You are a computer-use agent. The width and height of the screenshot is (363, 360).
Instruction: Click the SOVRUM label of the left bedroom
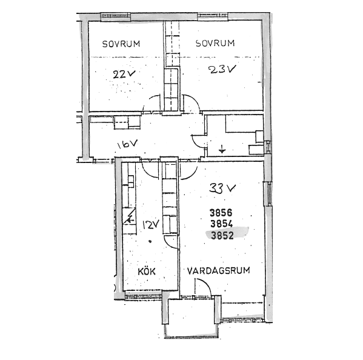click(x=121, y=44)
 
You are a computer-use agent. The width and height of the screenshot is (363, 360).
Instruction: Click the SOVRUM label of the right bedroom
click(x=215, y=43)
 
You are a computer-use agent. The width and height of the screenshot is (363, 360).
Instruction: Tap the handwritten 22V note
click(x=124, y=74)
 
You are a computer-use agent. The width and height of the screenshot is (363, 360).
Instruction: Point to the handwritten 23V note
click(x=222, y=69)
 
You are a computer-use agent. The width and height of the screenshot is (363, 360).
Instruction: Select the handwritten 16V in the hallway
click(x=127, y=144)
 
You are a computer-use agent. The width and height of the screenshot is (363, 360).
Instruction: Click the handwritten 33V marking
click(x=222, y=188)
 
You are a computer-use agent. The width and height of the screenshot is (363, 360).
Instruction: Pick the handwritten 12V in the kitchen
click(x=151, y=224)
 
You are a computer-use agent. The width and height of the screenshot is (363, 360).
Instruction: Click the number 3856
click(x=221, y=213)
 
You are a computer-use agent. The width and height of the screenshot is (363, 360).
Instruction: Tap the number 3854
click(x=222, y=224)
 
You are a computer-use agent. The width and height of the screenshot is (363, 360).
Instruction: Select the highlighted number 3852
click(x=222, y=235)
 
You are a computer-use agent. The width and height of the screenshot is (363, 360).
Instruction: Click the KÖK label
click(x=147, y=272)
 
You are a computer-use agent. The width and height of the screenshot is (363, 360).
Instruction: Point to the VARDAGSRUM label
click(x=218, y=271)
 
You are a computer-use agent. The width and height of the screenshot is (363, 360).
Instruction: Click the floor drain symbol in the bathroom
click(x=222, y=150)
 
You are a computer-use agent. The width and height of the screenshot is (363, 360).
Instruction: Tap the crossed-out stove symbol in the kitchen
click(x=129, y=216)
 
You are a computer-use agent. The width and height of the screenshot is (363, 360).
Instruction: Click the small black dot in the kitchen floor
click(x=150, y=241)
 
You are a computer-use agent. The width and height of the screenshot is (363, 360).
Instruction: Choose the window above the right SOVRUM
click(x=212, y=16)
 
